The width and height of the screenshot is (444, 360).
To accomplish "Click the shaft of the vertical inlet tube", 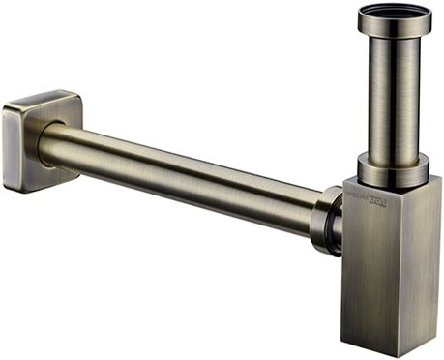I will tap(395, 97).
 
